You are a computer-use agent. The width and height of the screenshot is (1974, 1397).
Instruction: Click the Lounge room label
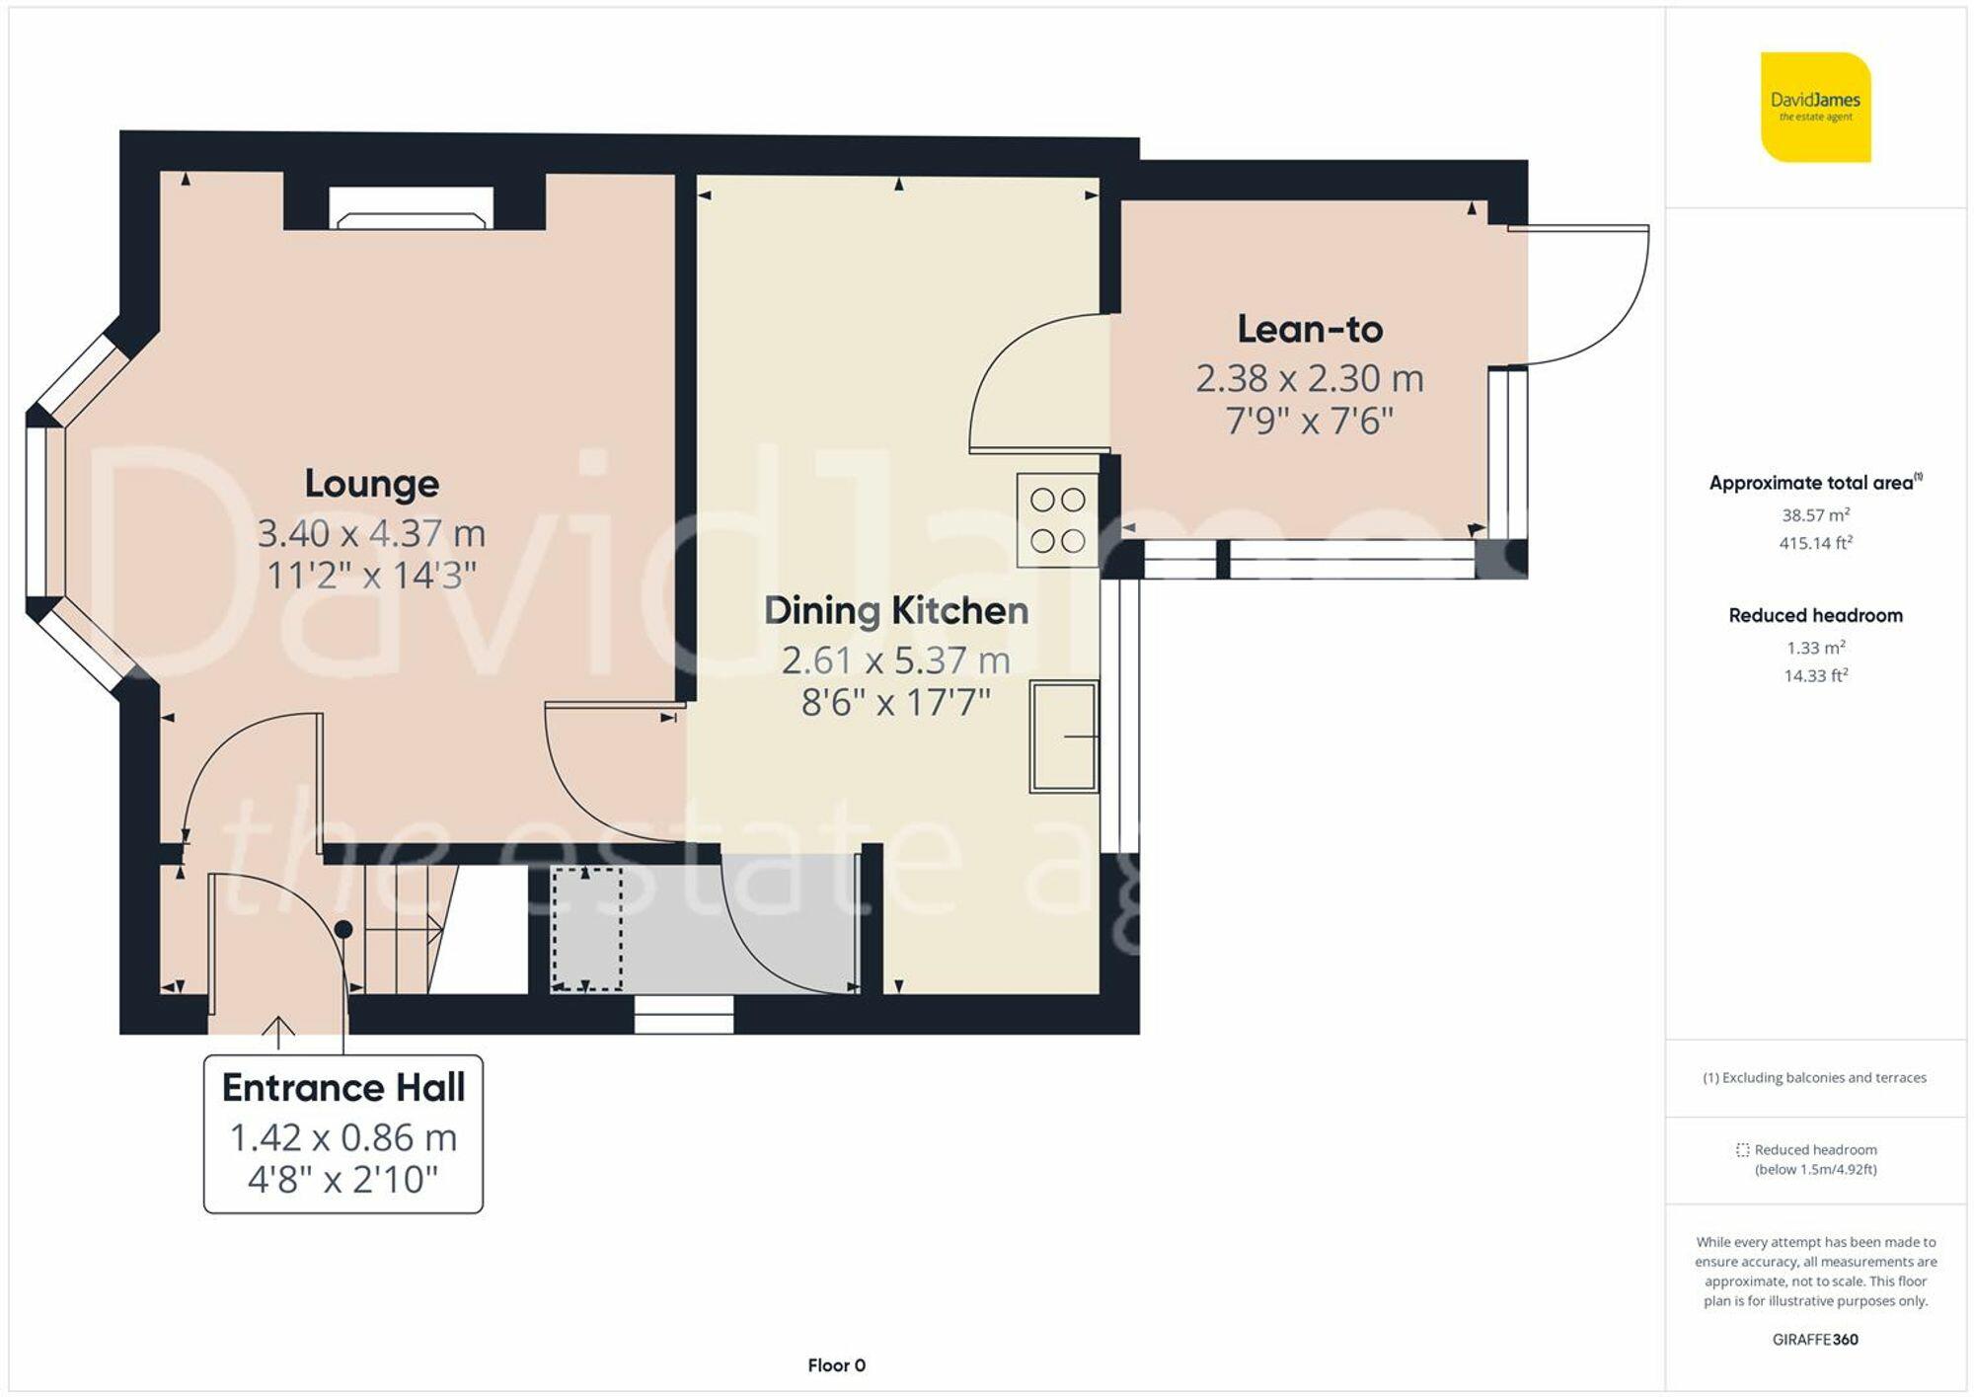(371, 484)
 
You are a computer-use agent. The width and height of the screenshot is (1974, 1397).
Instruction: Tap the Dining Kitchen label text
(895, 610)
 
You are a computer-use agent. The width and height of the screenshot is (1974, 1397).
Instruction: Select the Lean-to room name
(1310, 330)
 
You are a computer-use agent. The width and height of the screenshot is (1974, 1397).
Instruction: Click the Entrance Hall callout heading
(342, 1088)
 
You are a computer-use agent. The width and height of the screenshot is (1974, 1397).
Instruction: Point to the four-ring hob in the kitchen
(1057, 520)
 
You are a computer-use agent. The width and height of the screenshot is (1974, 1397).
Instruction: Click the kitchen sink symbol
(1064, 737)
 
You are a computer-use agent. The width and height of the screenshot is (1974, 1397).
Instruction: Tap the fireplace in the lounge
(413, 209)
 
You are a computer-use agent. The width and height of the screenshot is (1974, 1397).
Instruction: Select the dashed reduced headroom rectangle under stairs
(586, 929)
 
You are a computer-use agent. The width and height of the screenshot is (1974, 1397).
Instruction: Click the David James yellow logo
(1815, 108)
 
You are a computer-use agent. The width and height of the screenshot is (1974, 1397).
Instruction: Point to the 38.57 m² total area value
(1815, 515)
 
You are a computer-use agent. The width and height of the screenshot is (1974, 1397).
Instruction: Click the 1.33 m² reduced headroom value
(1815, 648)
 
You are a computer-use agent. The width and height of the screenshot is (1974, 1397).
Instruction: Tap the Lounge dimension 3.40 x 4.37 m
(371, 534)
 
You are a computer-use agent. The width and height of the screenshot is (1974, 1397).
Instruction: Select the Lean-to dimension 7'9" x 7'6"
(1309, 422)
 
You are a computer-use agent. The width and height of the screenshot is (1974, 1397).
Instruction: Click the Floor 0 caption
(836, 1365)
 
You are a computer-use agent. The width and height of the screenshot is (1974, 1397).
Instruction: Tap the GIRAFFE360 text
(1815, 1340)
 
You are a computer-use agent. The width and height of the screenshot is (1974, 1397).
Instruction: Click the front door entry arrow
(278, 1032)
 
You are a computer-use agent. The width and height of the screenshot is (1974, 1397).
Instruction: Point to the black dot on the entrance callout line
(343, 929)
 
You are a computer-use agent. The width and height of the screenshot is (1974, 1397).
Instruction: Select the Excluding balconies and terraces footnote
(1814, 1078)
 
